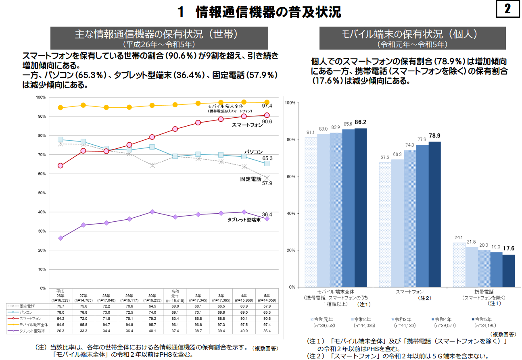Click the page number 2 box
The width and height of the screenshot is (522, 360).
pos(507,10)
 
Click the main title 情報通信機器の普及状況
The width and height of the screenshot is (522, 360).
pos(268,12)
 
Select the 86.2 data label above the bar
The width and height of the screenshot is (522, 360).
pos(360,122)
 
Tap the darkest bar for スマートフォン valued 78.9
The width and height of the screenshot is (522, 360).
pos(434,214)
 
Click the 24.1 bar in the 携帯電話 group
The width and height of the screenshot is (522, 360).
pos(459,264)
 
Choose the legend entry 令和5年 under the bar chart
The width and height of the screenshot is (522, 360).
pos(484,319)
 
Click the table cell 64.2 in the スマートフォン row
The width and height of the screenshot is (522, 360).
pos(60,318)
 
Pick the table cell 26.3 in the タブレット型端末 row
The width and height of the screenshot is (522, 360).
pos(60,331)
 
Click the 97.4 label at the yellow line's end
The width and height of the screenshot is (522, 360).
pos(267,106)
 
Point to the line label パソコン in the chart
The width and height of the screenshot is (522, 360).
pos(254,152)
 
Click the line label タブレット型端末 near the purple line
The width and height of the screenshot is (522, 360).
pos(244,220)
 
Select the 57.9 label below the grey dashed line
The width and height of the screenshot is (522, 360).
pos(267,183)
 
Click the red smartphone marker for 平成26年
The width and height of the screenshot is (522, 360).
pos(61,165)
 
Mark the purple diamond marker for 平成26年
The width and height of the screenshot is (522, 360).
pos(61,238)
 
